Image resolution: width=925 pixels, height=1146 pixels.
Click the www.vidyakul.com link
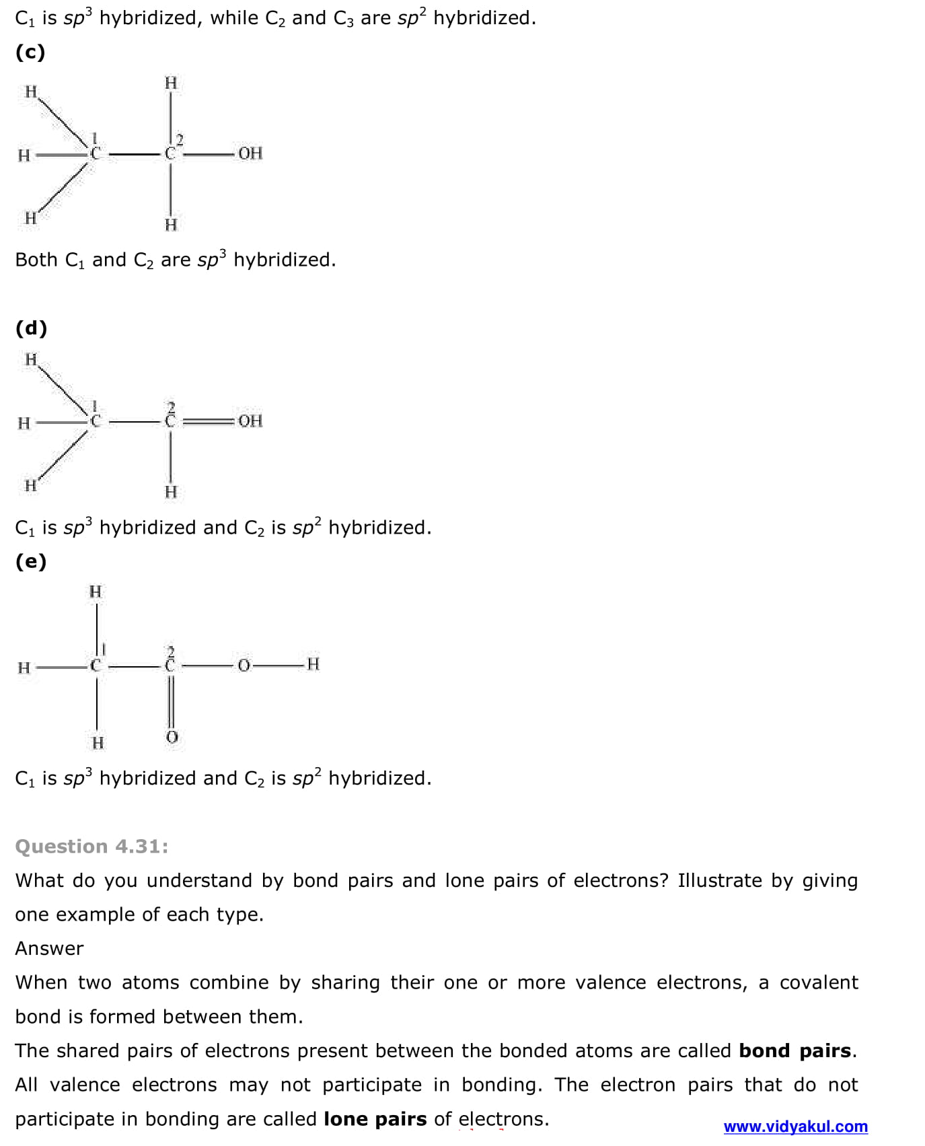[x=795, y=1126]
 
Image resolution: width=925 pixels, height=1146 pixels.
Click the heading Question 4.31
[x=91, y=846]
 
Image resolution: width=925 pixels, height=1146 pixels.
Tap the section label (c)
[x=30, y=52]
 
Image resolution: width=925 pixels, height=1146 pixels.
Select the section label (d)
[x=31, y=328]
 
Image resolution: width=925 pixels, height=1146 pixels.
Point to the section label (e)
[x=31, y=561]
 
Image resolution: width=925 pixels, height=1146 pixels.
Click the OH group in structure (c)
[x=250, y=153]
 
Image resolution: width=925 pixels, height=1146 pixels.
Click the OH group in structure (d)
[x=250, y=421]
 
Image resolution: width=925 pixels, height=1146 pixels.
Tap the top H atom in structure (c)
[x=171, y=83]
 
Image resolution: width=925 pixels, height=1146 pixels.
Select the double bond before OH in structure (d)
[x=208, y=422]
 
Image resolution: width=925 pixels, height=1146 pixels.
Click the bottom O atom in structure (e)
[x=172, y=738]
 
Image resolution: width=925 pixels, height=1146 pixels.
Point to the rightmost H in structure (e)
[x=312, y=664]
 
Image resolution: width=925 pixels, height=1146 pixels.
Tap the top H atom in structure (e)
[x=96, y=592]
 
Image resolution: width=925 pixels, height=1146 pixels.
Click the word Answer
[x=49, y=948]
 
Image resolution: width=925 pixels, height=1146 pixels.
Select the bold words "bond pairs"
[x=795, y=1050]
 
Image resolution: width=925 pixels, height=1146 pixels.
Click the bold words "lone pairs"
[x=375, y=1118]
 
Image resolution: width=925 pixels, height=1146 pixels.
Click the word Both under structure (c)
[x=36, y=260]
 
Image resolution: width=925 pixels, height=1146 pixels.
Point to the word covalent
[x=819, y=982]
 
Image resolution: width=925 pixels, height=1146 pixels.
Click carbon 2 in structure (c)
[x=170, y=154]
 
